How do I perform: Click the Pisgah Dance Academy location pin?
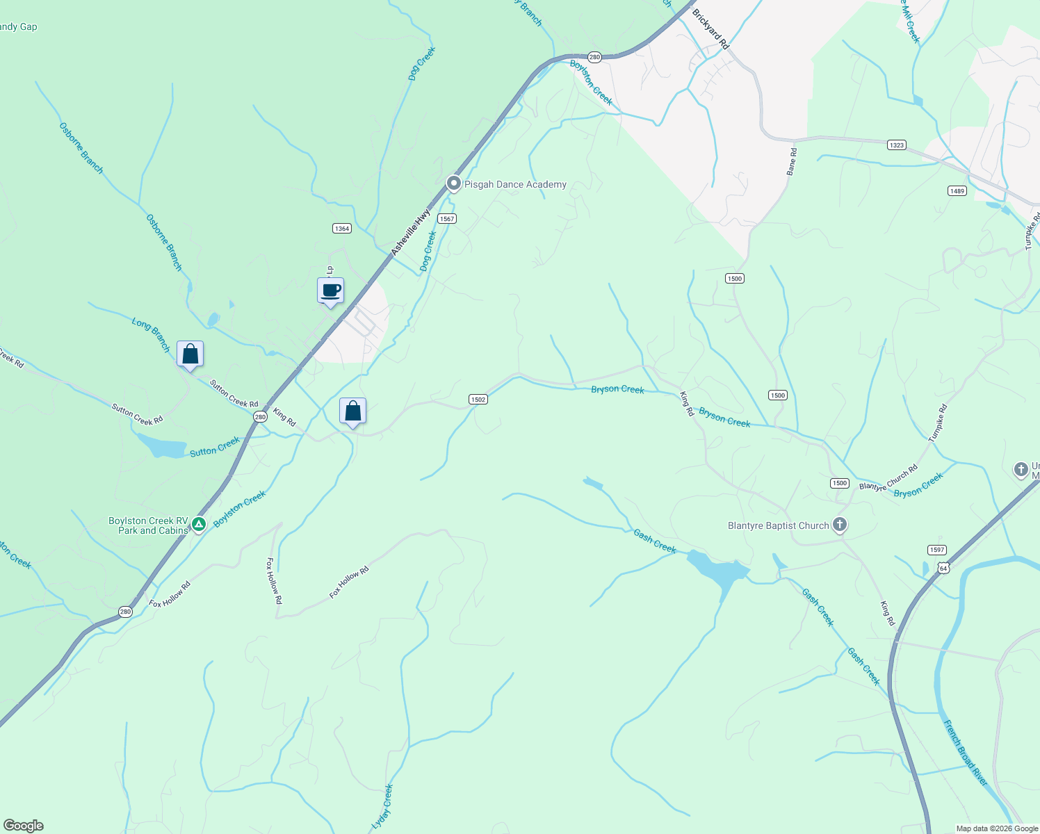454,183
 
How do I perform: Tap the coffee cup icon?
331,291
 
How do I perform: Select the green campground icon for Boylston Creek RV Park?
199,524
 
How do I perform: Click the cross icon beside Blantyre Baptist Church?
840,525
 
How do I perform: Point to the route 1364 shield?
342,229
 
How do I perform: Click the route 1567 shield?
446,219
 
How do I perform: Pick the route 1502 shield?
478,400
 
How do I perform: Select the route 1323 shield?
897,145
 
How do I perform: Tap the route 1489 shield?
957,191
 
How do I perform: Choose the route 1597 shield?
937,550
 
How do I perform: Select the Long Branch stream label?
152,335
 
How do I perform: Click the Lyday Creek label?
382,806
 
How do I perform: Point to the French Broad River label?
966,753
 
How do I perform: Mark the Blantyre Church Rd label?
888,477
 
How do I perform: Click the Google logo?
24,826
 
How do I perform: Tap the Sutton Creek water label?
215,447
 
